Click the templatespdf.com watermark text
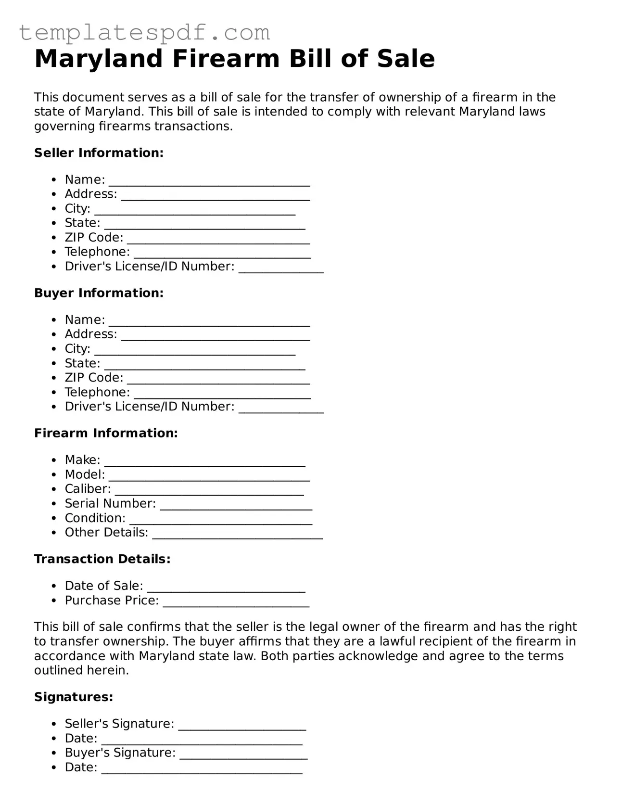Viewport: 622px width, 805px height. tap(144, 33)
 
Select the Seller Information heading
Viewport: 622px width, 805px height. tap(99, 153)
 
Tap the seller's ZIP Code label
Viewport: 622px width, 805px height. tap(94, 238)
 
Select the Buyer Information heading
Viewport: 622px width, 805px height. tap(99, 293)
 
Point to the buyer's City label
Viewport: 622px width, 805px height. tap(77, 349)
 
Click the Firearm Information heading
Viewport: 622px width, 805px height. tap(106, 433)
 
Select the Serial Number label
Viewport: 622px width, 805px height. tap(110, 504)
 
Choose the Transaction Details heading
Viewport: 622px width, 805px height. tap(102, 559)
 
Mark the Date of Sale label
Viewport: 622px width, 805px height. tap(104, 586)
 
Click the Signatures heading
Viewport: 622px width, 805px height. tap(74, 697)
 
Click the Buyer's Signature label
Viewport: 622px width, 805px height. tap(120, 753)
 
